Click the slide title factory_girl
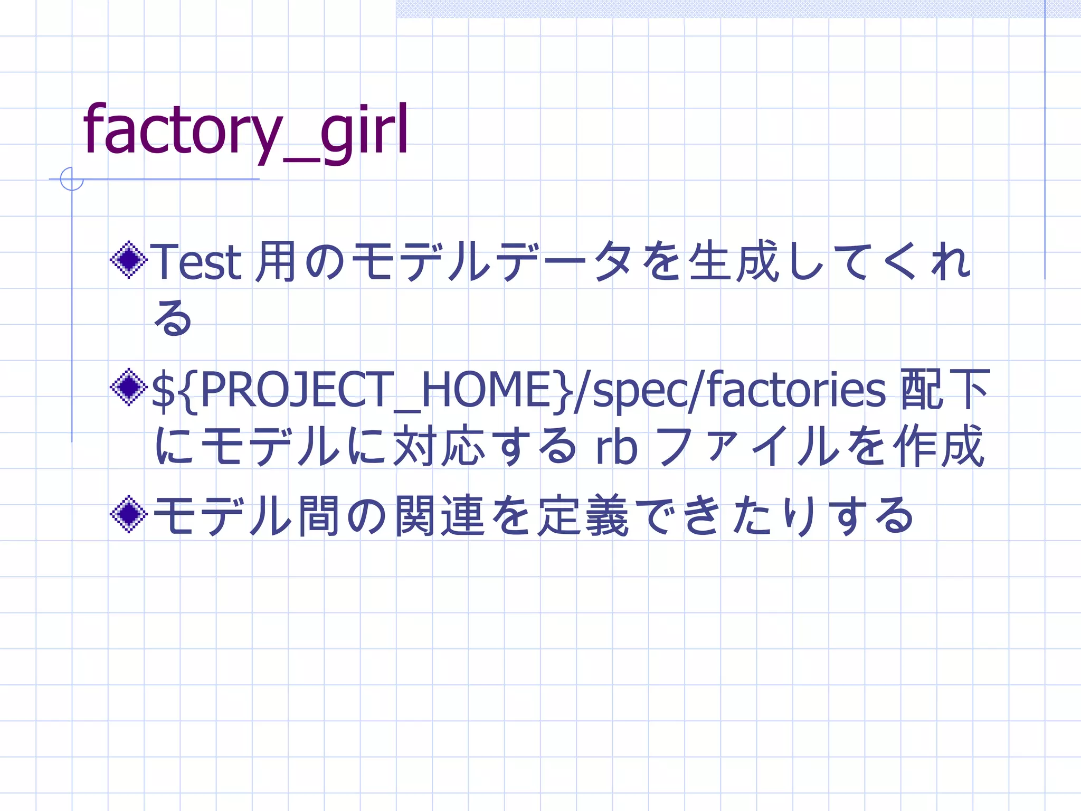pyautogui.click(x=245, y=129)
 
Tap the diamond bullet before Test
pyautogui.click(x=128, y=260)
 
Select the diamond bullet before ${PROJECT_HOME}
pyautogui.click(x=128, y=388)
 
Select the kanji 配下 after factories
pyautogui.click(x=945, y=390)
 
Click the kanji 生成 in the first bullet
pyautogui.click(x=734, y=261)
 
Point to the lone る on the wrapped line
pyautogui.click(x=173, y=318)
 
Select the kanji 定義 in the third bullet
pyautogui.click(x=584, y=515)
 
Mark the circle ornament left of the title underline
pyautogui.click(x=72, y=179)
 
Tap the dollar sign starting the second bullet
pyautogui.click(x=163, y=391)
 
